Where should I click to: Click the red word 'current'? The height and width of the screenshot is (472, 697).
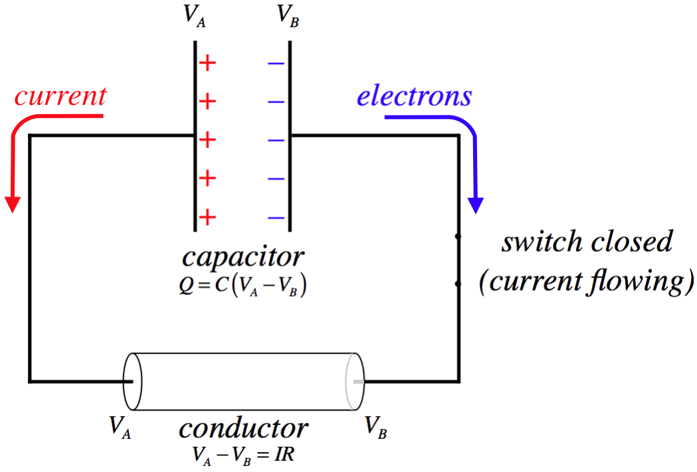60,96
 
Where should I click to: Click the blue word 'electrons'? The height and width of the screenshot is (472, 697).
414,96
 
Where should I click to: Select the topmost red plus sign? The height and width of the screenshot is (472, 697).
208,64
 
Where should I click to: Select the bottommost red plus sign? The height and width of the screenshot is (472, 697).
208,216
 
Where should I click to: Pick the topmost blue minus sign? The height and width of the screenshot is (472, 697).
276,64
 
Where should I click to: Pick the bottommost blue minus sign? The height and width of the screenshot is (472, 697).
276,217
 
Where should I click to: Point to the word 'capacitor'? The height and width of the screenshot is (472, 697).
243,256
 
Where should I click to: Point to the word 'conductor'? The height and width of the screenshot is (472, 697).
243,428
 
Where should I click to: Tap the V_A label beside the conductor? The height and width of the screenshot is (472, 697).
120,426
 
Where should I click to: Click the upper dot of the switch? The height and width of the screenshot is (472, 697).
458,236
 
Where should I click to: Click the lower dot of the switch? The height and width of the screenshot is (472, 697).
458,284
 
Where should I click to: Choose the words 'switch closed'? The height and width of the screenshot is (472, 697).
587,242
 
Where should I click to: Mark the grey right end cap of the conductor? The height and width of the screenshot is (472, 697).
355,382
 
